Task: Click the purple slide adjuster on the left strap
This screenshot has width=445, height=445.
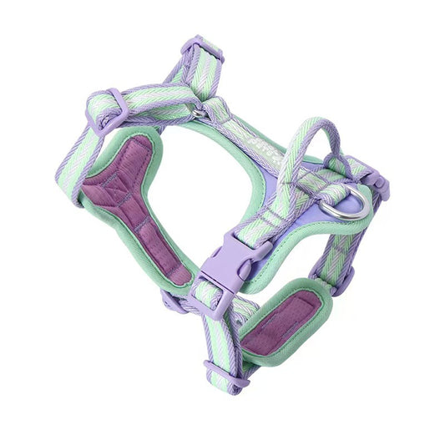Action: tap(109, 111)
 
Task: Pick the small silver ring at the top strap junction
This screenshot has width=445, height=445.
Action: tap(197, 112)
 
